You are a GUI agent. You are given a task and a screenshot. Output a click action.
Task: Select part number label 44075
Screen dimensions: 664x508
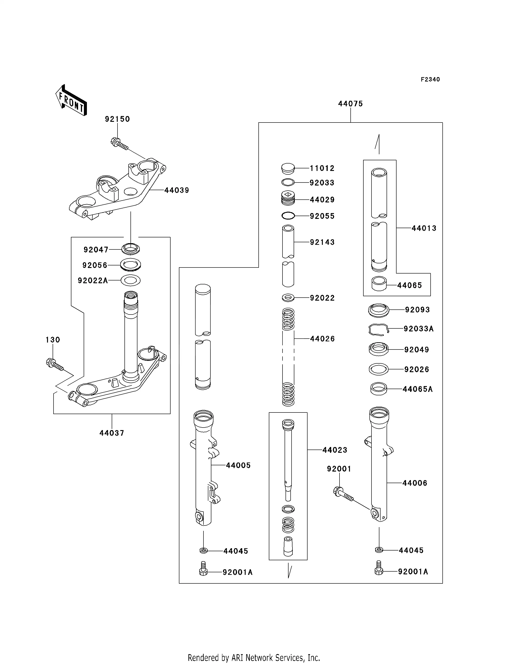pos(350,104)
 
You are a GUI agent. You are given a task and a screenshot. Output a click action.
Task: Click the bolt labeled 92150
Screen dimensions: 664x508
pos(119,144)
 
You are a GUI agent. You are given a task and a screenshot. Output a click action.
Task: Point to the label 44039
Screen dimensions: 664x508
pos(177,190)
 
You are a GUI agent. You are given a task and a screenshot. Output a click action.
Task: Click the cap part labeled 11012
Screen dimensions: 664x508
pos(288,169)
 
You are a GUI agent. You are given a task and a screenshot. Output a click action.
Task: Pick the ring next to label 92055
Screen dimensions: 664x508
pos(288,216)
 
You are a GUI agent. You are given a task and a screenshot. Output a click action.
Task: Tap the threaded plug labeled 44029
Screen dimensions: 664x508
pos(288,198)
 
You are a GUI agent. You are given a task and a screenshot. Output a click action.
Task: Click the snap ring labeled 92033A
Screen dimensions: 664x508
pos(378,329)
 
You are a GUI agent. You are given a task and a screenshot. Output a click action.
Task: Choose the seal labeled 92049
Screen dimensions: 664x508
pos(378,349)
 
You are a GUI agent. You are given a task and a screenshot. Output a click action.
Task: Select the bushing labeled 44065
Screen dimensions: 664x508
pos(379,284)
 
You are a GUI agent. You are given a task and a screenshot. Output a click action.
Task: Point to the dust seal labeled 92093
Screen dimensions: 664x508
pos(378,310)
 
